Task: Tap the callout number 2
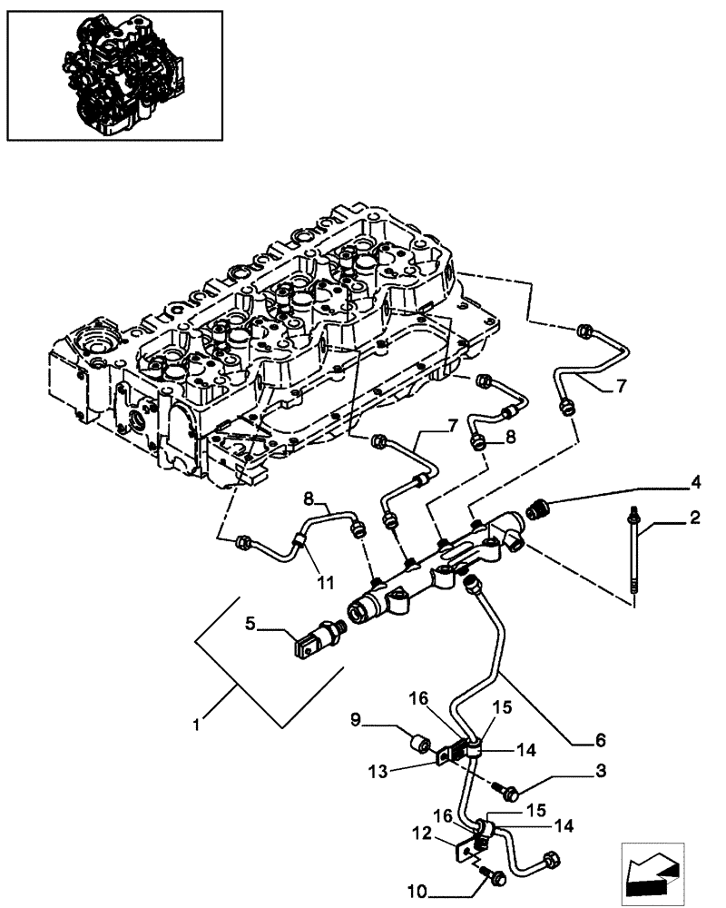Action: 694,518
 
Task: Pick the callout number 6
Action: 600,740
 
